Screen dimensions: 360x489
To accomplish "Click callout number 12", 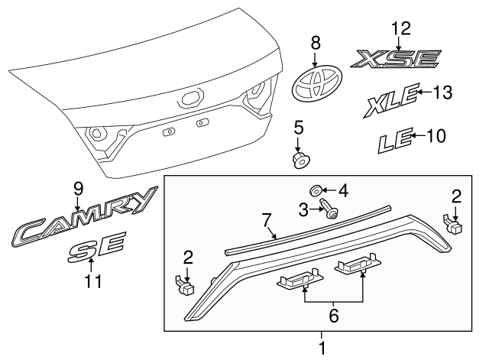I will pyautogui.click(x=401, y=29).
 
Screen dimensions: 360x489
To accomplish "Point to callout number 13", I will pyautogui.click(x=442, y=92).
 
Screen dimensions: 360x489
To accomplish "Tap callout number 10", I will pyautogui.click(x=435, y=137).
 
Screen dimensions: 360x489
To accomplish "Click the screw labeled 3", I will pyautogui.click(x=331, y=209).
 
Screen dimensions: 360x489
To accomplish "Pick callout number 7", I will pyautogui.click(x=267, y=221).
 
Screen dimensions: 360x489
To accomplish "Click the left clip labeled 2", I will pyautogui.click(x=185, y=285).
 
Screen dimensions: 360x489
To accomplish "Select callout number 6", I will pyautogui.click(x=334, y=313).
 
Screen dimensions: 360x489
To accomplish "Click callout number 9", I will pyautogui.click(x=77, y=188).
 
